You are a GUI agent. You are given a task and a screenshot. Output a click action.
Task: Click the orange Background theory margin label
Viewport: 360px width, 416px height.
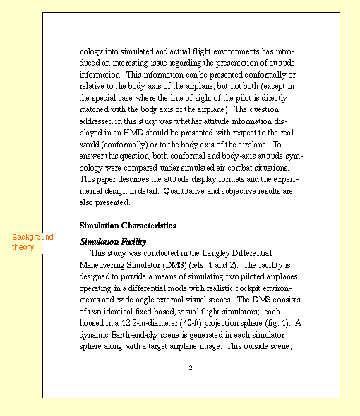click(x=32, y=242)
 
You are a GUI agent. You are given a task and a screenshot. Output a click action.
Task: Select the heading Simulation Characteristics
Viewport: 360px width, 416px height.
click(x=128, y=226)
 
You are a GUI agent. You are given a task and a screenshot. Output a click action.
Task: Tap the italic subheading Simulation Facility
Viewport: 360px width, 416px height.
click(x=113, y=242)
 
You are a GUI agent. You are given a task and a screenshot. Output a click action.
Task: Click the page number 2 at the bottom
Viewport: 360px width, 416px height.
click(x=191, y=368)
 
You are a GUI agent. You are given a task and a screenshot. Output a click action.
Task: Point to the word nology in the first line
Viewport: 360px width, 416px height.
click(x=93, y=51)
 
